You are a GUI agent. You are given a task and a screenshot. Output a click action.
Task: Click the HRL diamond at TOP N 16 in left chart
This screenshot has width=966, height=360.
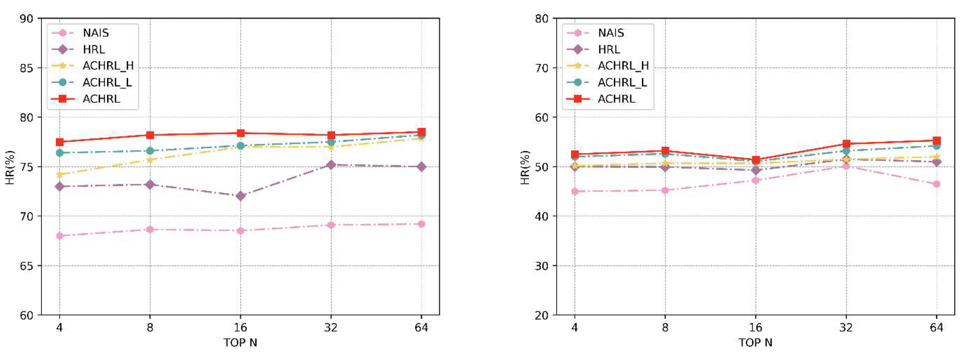[x=240, y=196]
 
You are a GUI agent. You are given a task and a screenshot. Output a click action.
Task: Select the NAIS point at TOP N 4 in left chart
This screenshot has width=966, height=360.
[x=59, y=236]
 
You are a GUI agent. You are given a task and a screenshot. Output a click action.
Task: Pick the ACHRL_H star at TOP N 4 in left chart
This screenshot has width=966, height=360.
[x=59, y=174]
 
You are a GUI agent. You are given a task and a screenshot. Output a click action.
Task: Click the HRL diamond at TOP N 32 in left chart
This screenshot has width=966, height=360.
[x=331, y=165]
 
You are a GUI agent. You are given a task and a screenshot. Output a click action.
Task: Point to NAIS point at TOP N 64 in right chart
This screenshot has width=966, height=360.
[x=937, y=184]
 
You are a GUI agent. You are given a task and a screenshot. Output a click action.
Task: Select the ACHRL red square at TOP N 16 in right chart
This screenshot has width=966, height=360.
[x=756, y=160]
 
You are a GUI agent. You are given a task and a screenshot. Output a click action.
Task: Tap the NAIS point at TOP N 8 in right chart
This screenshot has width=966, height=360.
[x=665, y=190]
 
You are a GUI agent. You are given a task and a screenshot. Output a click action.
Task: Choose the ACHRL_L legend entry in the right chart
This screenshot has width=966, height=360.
[x=622, y=82]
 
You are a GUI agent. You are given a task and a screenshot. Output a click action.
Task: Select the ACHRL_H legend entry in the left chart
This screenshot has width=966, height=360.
[x=108, y=66]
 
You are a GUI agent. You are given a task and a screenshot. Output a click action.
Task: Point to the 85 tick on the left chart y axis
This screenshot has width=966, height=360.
[x=26, y=68]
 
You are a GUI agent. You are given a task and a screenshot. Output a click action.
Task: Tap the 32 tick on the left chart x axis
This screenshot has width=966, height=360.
[x=331, y=328]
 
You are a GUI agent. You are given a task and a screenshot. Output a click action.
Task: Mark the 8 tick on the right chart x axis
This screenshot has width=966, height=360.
[x=665, y=328]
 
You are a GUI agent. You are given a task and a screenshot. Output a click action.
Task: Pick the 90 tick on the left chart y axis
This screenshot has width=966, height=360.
[x=26, y=18]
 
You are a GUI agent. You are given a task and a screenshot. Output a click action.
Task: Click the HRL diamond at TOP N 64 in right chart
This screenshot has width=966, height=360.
[x=937, y=162]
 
